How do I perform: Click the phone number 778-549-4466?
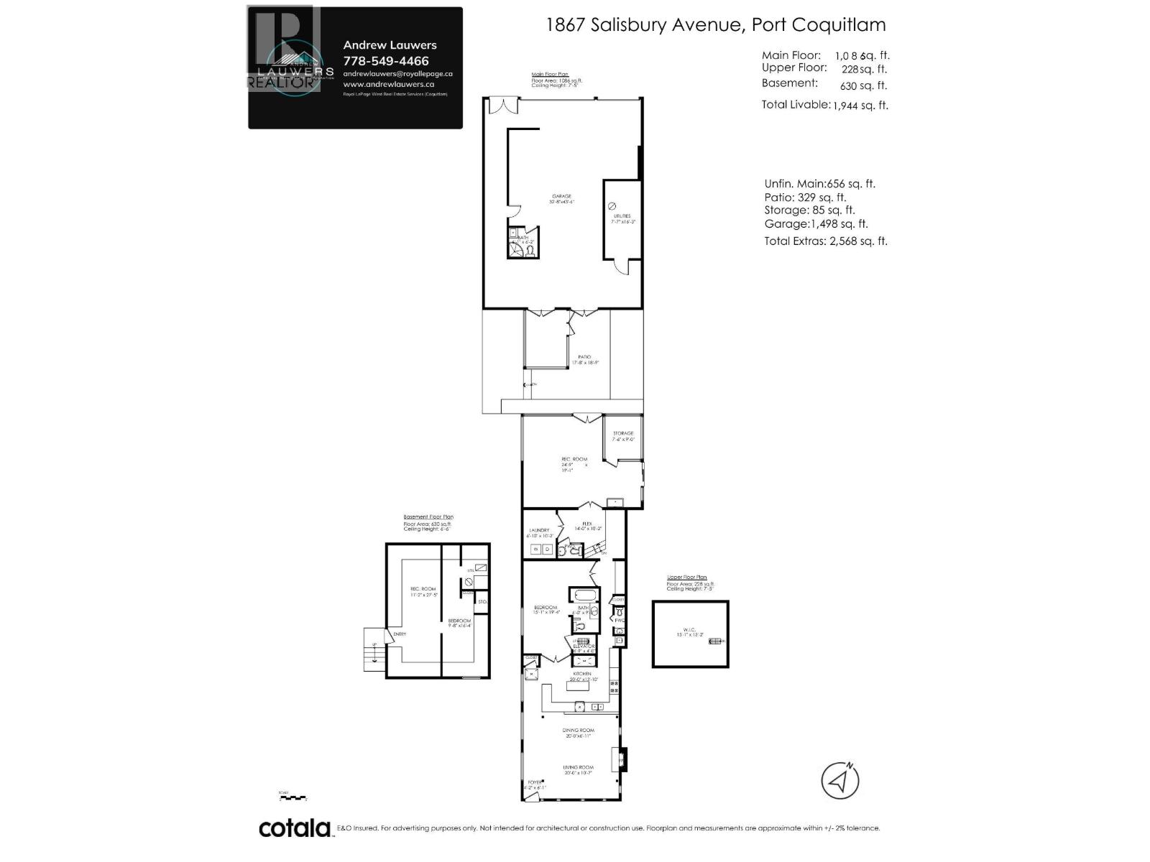tap(386, 61)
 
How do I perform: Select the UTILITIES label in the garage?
tap(622, 215)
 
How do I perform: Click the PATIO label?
tap(585, 357)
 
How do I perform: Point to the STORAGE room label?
tap(623, 433)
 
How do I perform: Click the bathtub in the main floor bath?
tap(584, 595)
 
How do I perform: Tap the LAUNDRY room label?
tap(538, 530)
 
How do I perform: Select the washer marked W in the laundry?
tap(535, 550)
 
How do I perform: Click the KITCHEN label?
tap(581, 674)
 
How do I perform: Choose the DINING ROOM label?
tap(579, 730)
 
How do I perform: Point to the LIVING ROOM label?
tap(579, 768)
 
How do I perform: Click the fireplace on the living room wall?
tap(622, 759)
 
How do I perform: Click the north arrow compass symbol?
tap(840, 780)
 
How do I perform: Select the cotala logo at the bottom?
tap(295, 828)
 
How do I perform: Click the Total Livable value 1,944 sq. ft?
tap(860, 105)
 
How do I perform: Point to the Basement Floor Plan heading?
tap(428, 516)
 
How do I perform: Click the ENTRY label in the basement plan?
tap(400, 634)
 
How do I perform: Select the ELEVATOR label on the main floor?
tap(584, 646)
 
